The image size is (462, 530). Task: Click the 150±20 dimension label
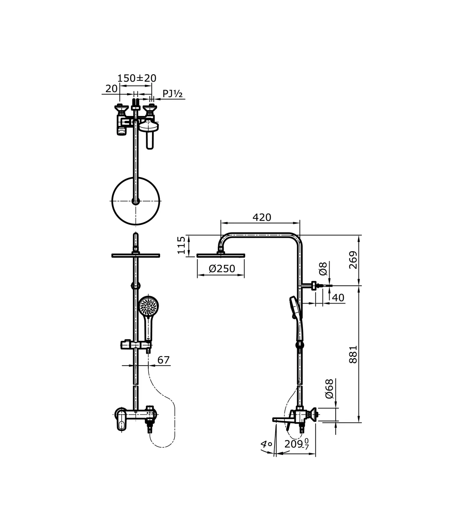coord(137,78)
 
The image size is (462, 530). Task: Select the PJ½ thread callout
coord(172,94)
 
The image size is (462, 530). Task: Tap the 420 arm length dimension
coord(262,218)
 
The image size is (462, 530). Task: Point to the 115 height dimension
coord(182,245)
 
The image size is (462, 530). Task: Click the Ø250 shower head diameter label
coord(222,268)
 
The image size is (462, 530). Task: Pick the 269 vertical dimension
coord(353,260)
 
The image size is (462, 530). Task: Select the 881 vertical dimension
coord(353,354)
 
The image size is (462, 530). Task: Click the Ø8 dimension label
coord(323,268)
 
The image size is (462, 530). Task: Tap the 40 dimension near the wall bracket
coord(338,298)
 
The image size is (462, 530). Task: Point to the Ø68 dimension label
coord(329,389)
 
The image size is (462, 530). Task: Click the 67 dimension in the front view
coord(164,360)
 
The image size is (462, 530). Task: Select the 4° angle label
coord(266,444)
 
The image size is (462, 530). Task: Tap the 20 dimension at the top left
coord(111,89)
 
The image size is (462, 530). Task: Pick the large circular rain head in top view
coord(135,201)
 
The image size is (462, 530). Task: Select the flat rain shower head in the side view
coord(221,255)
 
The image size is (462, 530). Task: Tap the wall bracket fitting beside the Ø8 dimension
coord(315,286)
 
